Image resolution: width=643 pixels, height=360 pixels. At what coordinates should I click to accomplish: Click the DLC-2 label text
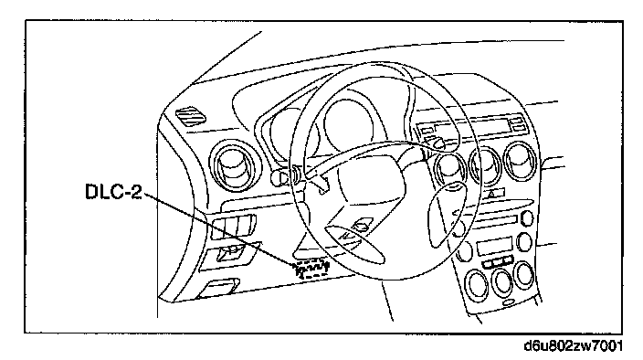pyautogui.click(x=113, y=192)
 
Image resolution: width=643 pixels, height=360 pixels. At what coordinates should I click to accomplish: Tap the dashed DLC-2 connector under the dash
pyautogui.click(x=312, y=269)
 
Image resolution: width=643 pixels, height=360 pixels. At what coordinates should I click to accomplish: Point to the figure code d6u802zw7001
pyautogui.click(x=573, y=345)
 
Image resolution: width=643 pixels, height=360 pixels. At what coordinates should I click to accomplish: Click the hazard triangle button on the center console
pyautogui.click(x=490, y=194)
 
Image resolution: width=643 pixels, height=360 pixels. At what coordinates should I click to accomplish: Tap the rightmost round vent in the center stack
pyautogui.click(x=521, y=161)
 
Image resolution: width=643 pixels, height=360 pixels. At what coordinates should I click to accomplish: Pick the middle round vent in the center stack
pyautogui.click(x=486, y=165)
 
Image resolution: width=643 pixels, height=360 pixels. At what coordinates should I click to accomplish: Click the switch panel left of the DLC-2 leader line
pyautogui.click(x=233, y=227)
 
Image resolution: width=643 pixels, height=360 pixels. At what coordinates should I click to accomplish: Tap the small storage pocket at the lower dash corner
pyautogui.click(x=218, y=288)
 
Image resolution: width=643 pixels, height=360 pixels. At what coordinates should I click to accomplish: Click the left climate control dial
pyautogui.click(x=478, y=284)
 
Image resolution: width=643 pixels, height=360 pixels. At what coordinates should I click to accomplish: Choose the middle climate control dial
pyautogui.click(x=502, y=280)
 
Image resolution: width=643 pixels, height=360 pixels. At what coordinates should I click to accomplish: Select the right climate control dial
pyautogui.click(x=524, y=273)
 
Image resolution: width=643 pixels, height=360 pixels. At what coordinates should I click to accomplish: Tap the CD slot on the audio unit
pyautogui.click(x=495, y=222)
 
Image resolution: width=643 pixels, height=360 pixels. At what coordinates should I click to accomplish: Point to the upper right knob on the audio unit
pyautogui.click(x=527, y=217)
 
